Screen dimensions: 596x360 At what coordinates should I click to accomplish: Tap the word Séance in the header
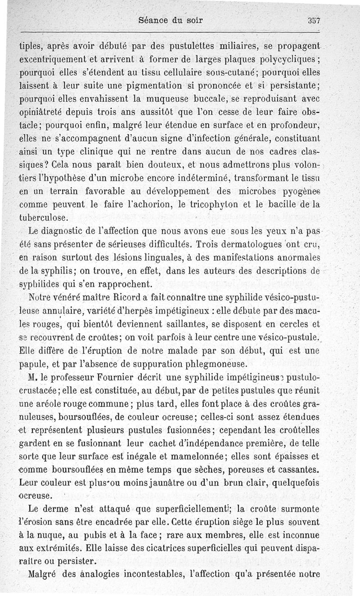point(153,20)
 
